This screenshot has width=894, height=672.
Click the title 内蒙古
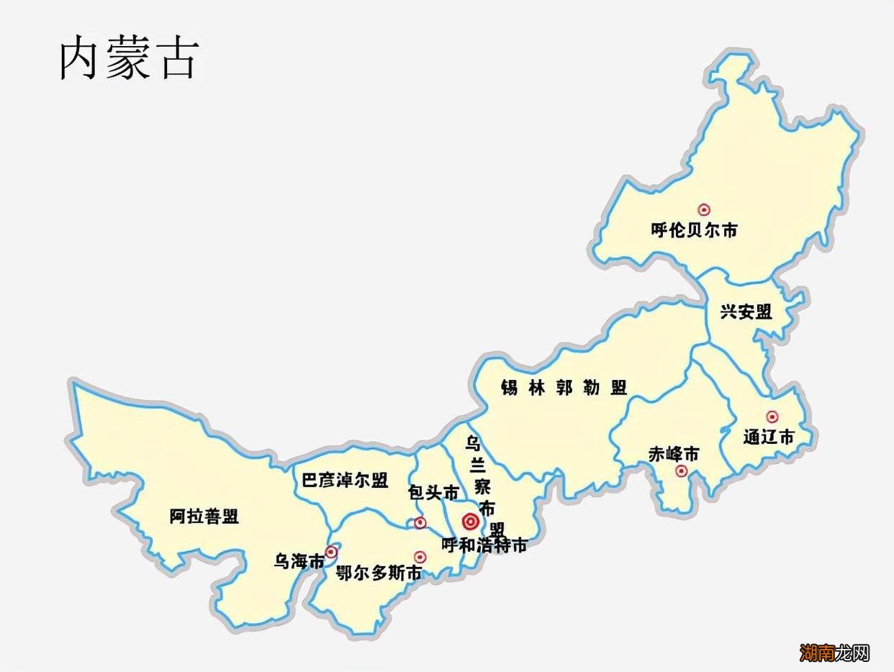[128, 58]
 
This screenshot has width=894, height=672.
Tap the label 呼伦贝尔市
[694, 231]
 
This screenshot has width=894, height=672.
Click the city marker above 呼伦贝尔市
[704, 209]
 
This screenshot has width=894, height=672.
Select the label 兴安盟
[746, 312]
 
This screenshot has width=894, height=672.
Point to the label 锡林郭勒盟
[564, 387]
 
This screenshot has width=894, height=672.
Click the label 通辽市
[769, 437]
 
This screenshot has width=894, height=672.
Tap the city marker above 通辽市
[772, 417]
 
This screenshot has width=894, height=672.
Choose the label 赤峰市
[674, 455]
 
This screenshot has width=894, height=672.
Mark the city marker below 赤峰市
[681, 471]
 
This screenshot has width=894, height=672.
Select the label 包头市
[433, 493]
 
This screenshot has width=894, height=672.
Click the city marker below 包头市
[420, 522]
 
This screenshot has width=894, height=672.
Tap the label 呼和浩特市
[484, 545]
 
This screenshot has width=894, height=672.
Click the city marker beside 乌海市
[331, 552]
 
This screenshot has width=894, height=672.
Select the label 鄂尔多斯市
[379, 573]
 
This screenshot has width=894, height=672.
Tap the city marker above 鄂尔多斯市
[420, 557]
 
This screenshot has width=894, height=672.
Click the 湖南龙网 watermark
[835, 653]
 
